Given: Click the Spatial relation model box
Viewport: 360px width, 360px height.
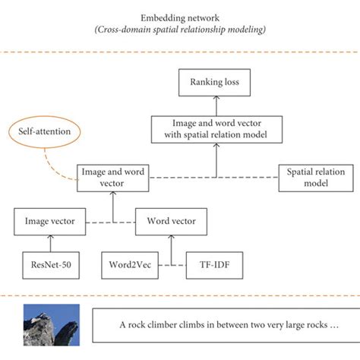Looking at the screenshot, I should pyautogui.click(x=313, y=178).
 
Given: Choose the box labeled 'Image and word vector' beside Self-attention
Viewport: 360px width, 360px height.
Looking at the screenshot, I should pyautogui.click(x=113, y=178).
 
